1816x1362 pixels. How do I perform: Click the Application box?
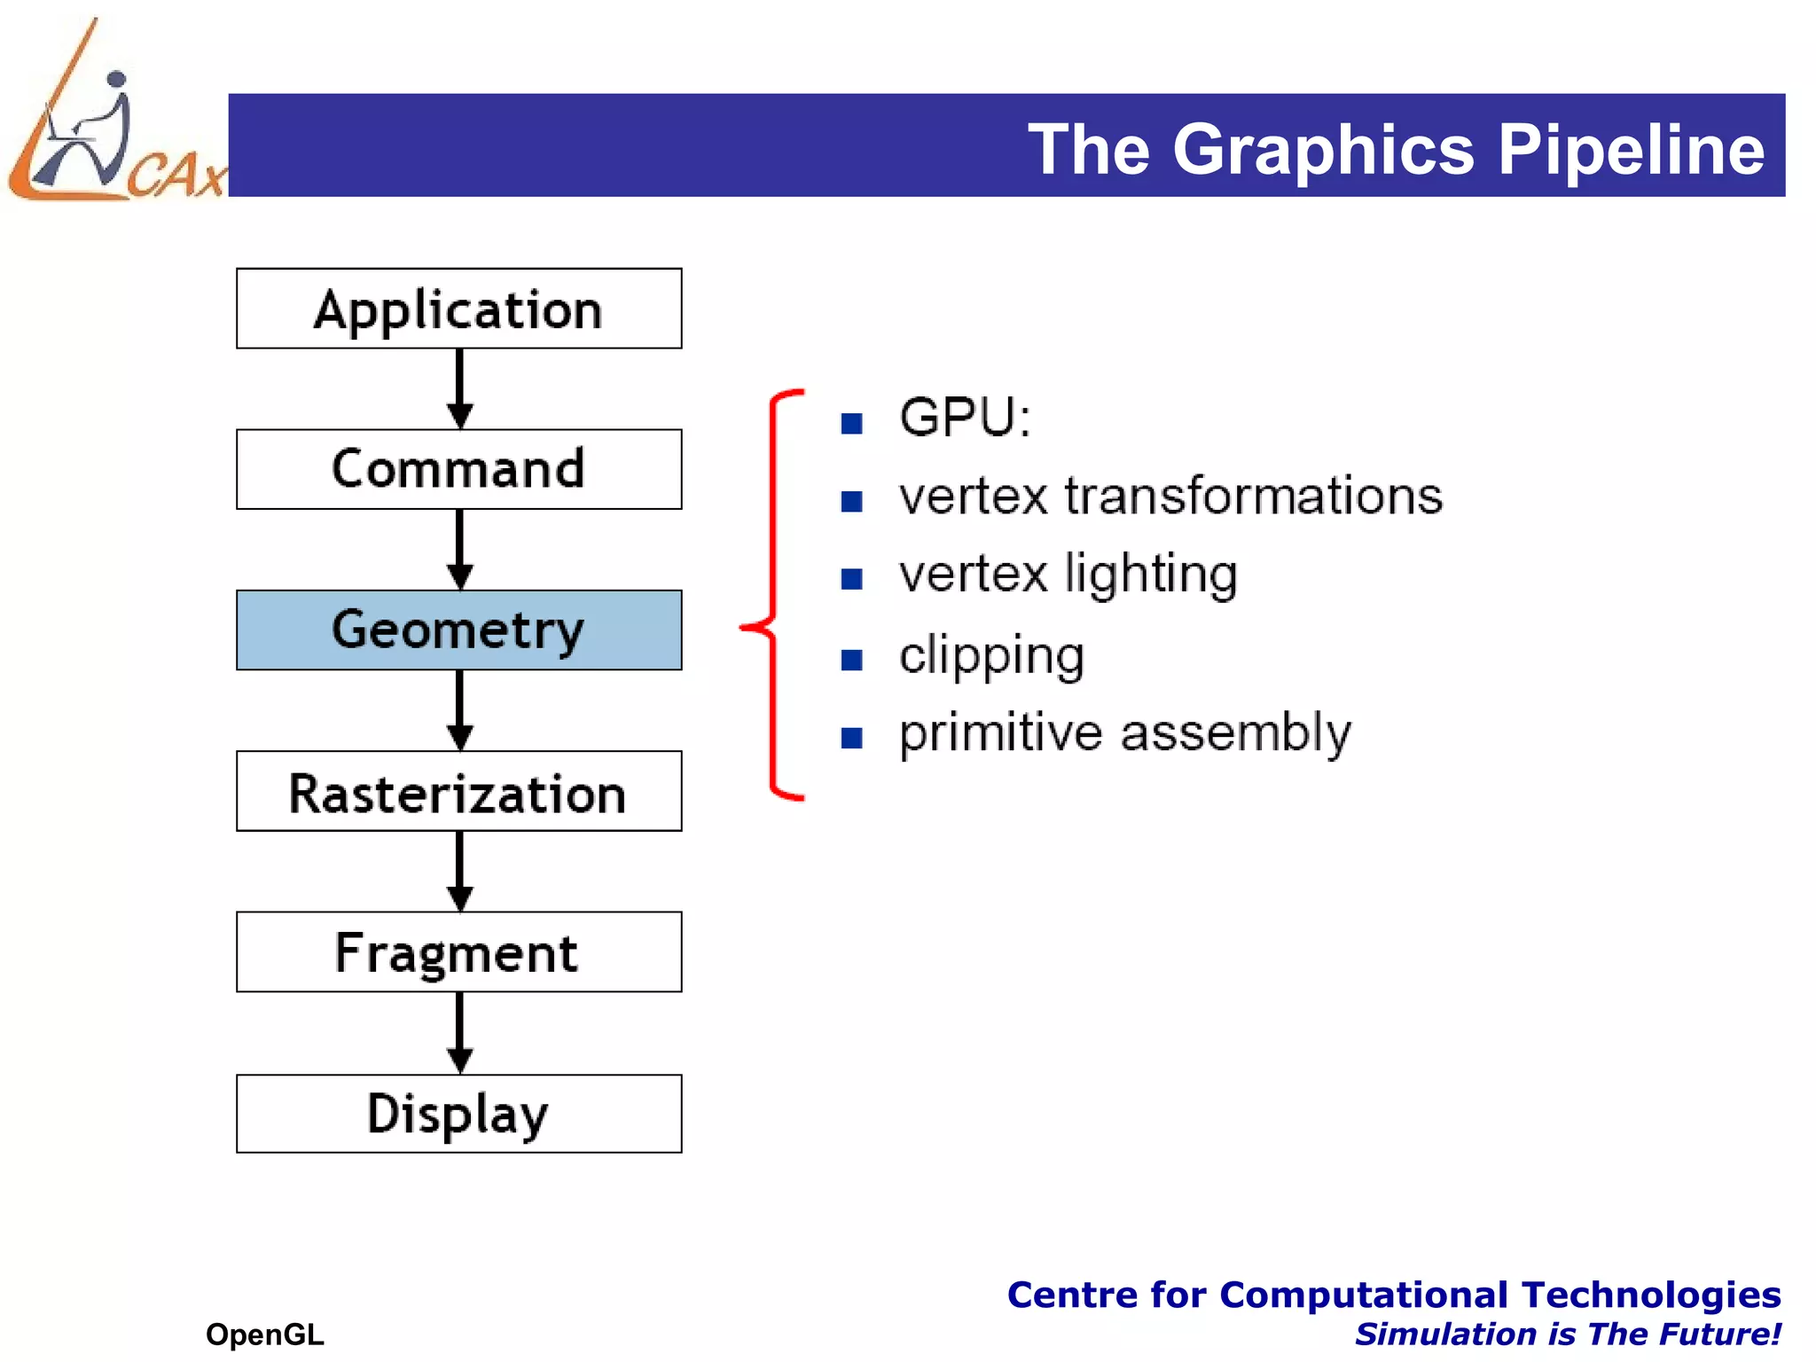coord(458,309)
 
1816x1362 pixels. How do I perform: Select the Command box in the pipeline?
coord(458,469)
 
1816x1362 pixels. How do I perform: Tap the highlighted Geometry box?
coord(458,630)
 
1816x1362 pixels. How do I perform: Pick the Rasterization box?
coord(458,791)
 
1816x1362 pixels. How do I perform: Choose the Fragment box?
coord(458,951)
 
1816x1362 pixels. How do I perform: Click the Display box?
coord(458,1113)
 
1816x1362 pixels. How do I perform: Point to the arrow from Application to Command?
coord(459,389)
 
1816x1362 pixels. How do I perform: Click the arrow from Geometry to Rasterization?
coord(459,710)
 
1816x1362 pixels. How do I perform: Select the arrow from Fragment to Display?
coord(459,1033)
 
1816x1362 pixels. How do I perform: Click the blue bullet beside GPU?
coord(852,423)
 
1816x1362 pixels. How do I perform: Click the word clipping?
coord(991,656)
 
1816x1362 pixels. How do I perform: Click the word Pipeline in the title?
coord(1631,149)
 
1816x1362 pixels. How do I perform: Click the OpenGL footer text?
coord(264,1334)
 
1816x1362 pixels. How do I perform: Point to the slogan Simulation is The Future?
coord(1567,1334)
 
